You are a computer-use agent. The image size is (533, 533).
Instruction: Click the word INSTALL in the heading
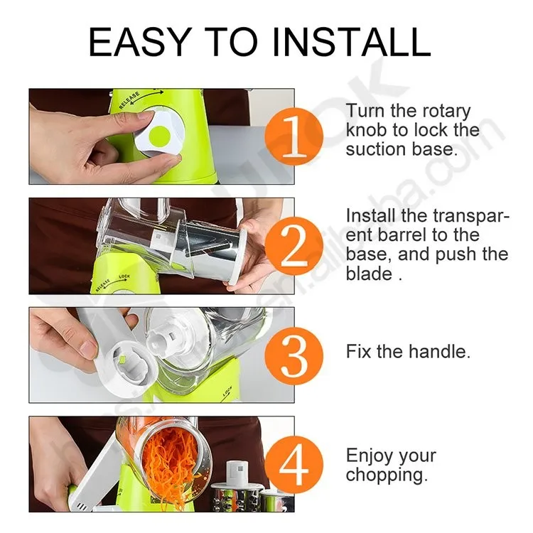pos(352,42)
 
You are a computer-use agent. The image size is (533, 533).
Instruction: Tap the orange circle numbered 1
pos(294,136)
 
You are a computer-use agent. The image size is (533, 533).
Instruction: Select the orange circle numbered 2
pos(294,245)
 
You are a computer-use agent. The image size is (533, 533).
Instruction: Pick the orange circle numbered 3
pos(294,355)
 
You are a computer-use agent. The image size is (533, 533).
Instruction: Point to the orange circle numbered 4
pos(294,465)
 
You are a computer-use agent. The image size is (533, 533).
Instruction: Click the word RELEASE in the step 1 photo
pos(129,99)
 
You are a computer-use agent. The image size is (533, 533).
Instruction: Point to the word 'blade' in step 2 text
pos(369,274)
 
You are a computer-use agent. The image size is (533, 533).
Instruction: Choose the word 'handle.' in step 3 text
pos(439,351)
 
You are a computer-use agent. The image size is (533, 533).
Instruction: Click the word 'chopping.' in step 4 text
pos(387,475)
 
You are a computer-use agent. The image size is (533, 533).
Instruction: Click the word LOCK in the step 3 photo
pos(227,391)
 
